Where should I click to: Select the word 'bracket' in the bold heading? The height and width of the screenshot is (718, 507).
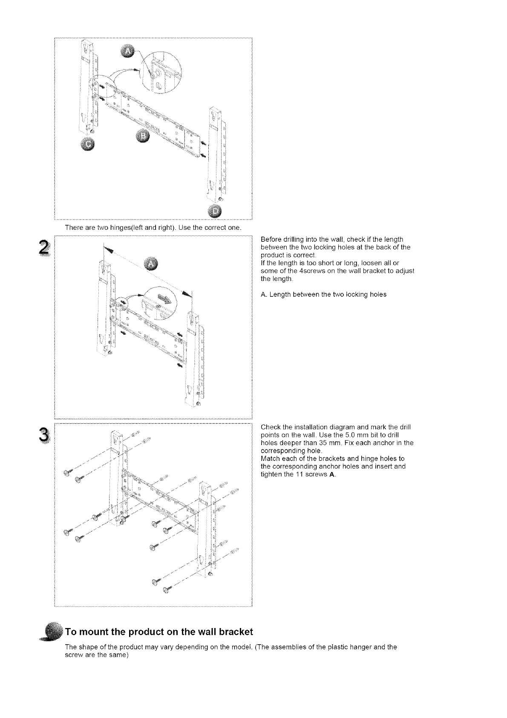(233, 631)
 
